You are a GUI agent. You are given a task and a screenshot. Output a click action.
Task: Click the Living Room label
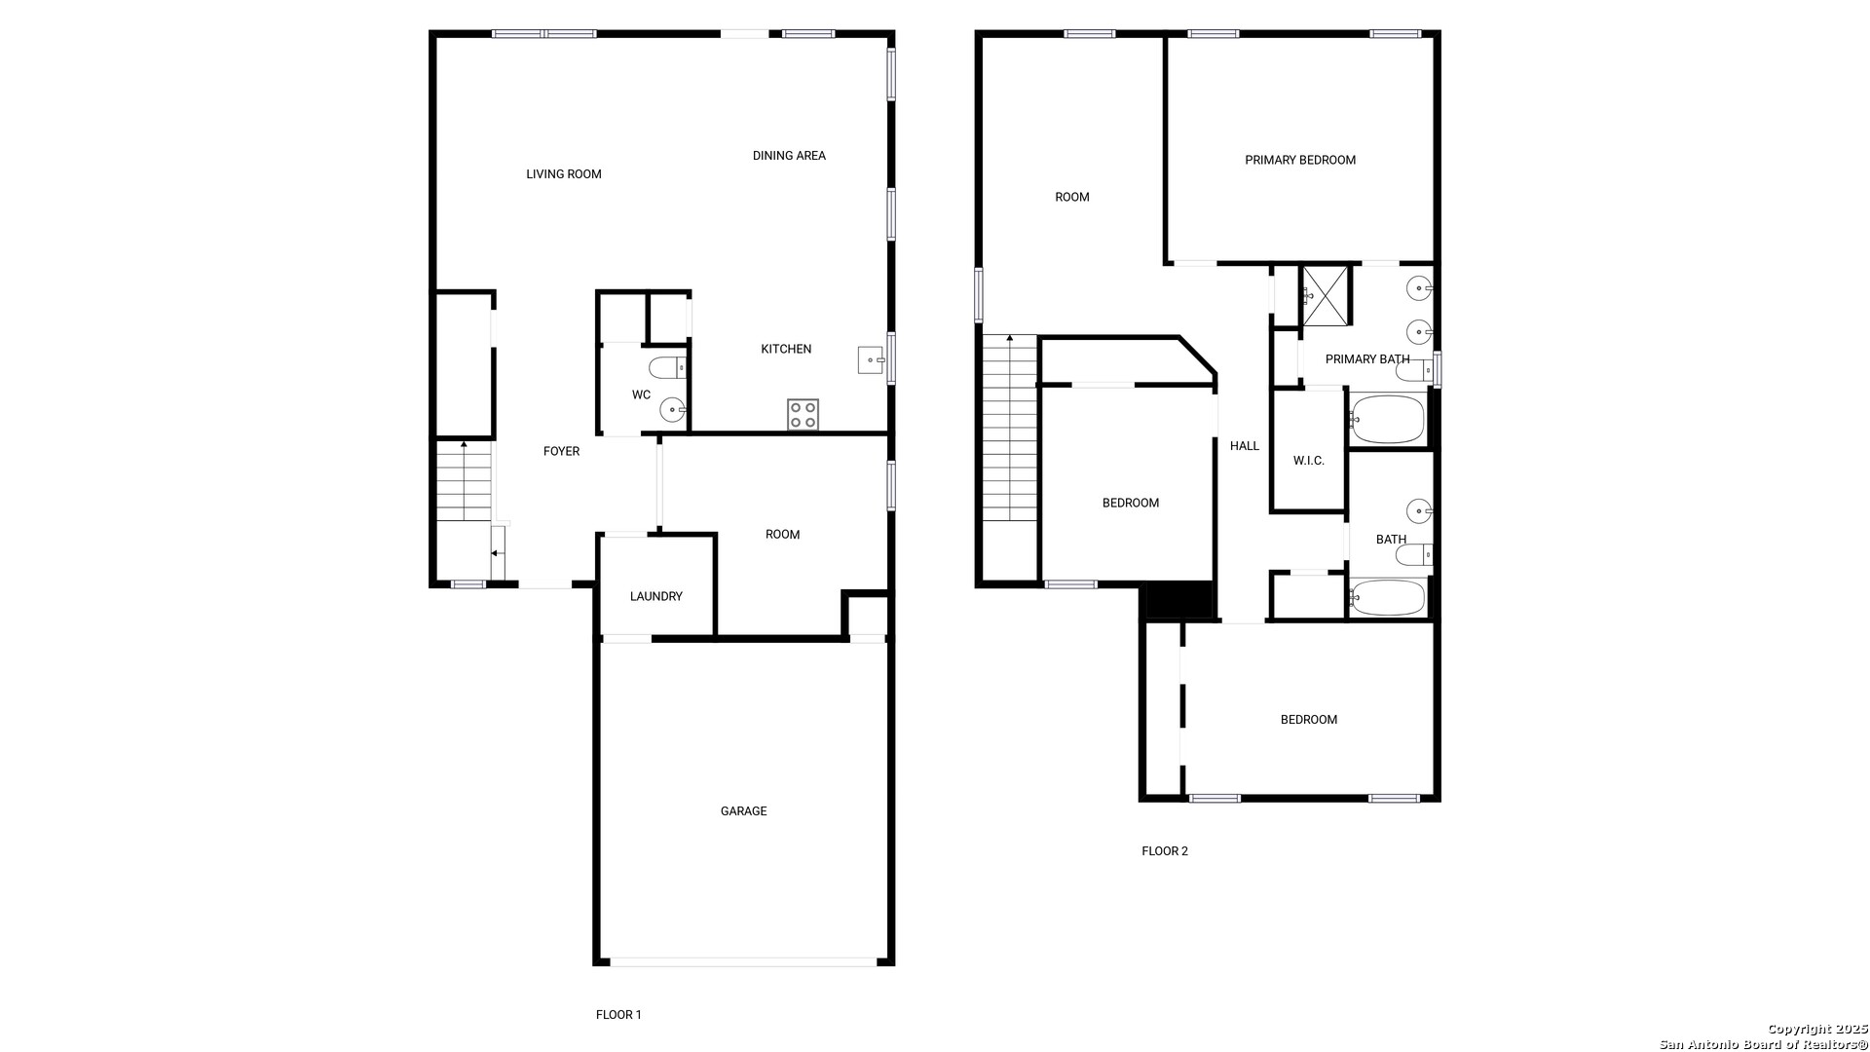point(564,174)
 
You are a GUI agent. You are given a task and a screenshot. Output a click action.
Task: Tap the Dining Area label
point(789,156)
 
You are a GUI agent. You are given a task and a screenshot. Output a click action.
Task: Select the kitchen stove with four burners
point(804,415)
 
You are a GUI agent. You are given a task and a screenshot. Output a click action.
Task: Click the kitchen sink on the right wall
point(871,359)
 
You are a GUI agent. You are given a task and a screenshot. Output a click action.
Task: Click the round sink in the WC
point(673,410)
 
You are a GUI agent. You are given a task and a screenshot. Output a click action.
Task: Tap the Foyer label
point(561,452)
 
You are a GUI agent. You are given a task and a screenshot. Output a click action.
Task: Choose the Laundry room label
point(656,597)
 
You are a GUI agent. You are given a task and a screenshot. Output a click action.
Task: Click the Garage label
point(744,811)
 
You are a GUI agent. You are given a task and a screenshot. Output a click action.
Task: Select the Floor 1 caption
point(618,1015)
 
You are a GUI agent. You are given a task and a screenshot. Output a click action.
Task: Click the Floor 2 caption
point(1165,851)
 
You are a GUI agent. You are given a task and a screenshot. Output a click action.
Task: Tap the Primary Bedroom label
point(1300,161)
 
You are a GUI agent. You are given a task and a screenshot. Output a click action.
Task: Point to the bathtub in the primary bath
point(1387,420)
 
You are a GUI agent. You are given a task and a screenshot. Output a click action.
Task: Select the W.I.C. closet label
point(1309,461)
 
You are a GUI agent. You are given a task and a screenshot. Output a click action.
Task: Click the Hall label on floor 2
point(1245,446)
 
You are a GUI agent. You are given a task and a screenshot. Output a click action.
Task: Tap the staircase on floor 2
point(1010,428)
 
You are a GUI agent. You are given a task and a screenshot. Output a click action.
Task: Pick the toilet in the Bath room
point(1414,555)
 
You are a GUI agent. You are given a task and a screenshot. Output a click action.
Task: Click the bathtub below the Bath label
point(1387,598)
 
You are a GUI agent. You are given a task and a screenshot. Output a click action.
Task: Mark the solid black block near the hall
point(1179,600)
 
